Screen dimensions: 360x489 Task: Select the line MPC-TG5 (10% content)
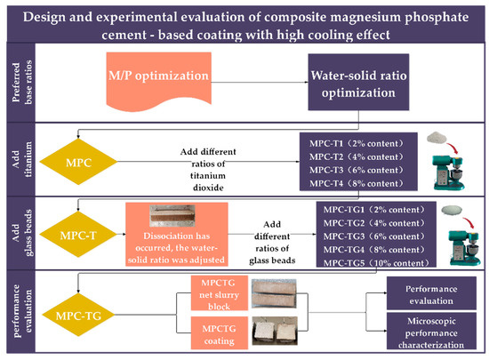coord(365,264)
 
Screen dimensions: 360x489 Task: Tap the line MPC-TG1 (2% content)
coord(363,210)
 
